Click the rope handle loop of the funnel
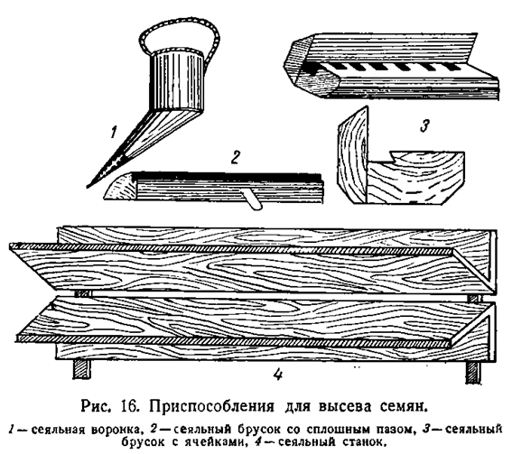pyautogui.click(x=179, y=23)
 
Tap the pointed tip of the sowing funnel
pyautogui.click(x=88, y=187)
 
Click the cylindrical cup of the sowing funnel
pyautogui.click(x=176, y=80)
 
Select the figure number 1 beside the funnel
pyautogui.click(x=113, y=133)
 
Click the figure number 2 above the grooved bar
pyautogui.click(x=235, y=157)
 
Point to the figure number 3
pyautogui.click(x=424, y=125)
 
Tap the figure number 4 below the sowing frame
pyautogui.click(x=277, y=374)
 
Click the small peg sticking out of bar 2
pyautogui.click(x=252, y=199)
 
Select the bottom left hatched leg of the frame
pyautogui.click(x=81, y=370)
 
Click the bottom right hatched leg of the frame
pyautogui.click(x=473, y=372)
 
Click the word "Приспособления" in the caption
pyautogui.click(x=211, y=407)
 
